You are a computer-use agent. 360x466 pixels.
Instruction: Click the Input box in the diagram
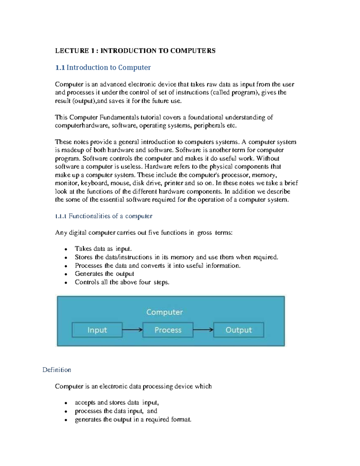[97, 330]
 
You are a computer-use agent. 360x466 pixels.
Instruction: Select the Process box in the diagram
[168, 330]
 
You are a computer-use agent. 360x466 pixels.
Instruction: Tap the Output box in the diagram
[238, 330]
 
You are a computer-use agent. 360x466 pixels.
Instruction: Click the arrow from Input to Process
[132, 330]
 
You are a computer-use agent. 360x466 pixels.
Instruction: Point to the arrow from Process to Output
[203, 330]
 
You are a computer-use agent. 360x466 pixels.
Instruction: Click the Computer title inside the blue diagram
[164, 312]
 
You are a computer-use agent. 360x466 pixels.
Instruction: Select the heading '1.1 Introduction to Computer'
[103, 68]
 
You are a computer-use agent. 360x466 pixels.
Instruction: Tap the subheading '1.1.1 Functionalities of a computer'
[104, 216]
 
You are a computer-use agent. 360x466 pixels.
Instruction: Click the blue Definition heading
[57, 370]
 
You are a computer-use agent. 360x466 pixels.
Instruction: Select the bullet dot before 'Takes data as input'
[66, 249]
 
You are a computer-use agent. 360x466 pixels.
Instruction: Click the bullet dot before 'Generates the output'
[66, 274]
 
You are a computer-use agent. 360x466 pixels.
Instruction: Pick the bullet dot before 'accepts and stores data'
[66, 403]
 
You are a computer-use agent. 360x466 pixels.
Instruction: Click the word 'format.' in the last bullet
[181, 419]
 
